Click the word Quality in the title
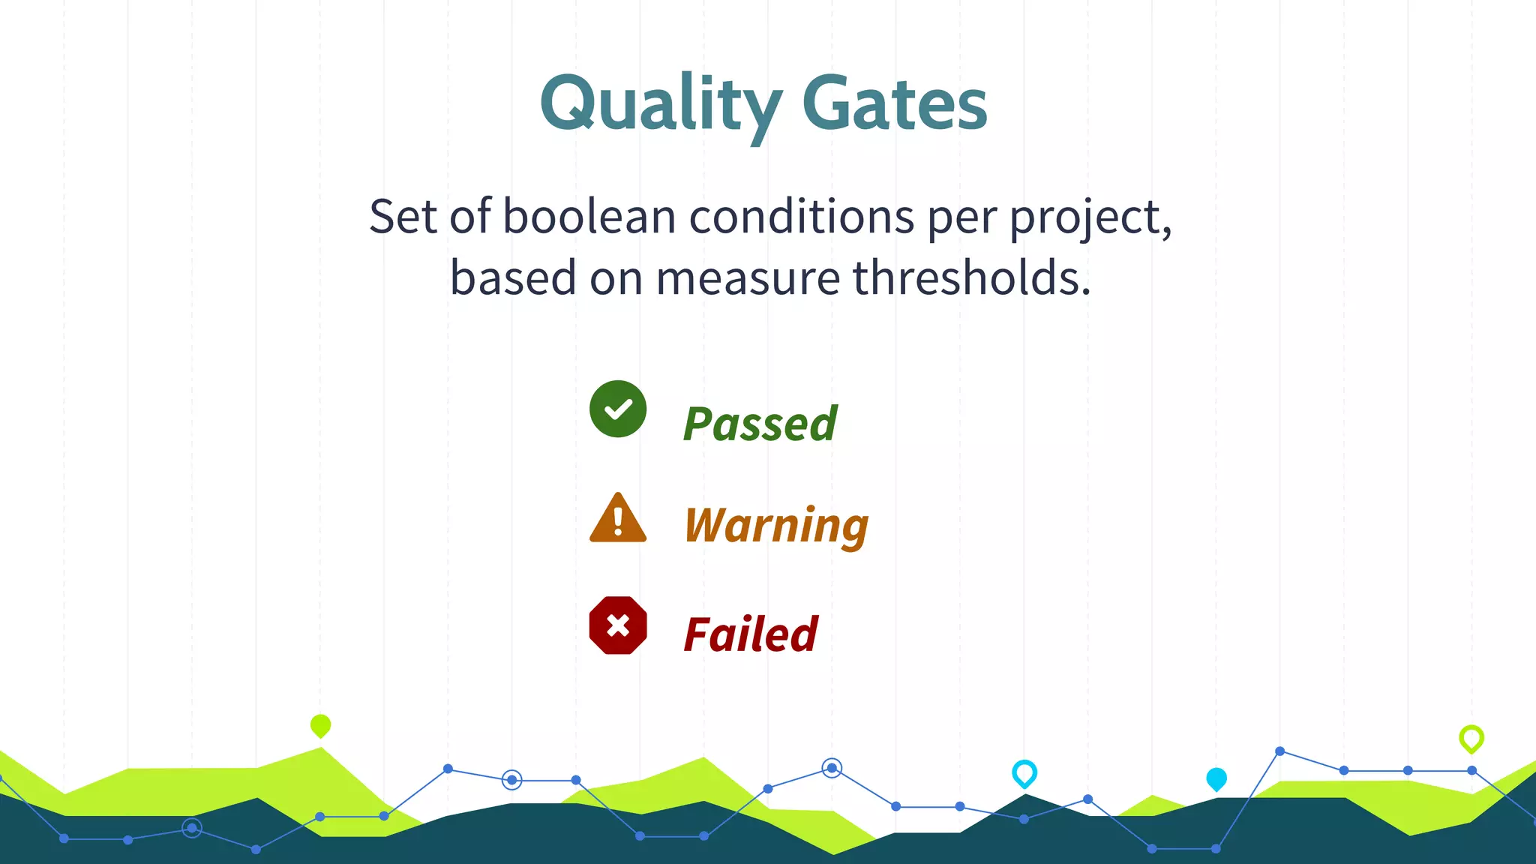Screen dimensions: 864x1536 [660, 105]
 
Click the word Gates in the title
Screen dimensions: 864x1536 [894, 105]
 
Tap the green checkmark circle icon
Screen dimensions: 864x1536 [618, 409]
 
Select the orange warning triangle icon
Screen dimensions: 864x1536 [618, 519]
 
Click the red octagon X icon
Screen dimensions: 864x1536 [618, 625]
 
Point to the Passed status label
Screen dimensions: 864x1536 [760, 424]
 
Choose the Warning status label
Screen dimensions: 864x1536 [776, 525]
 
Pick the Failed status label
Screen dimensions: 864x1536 [750, 634]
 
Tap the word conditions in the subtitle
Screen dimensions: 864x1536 [801, 217]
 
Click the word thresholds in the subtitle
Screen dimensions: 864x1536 [971, 277]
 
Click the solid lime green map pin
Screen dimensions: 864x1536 [320, 725]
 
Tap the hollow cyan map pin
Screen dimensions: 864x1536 [1024, 773]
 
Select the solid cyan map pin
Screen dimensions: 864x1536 [1216, 779]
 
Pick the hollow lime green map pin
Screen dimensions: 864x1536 [1471, 739]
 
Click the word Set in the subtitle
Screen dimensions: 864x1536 [402, 217]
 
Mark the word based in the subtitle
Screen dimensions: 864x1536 [513, 277]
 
